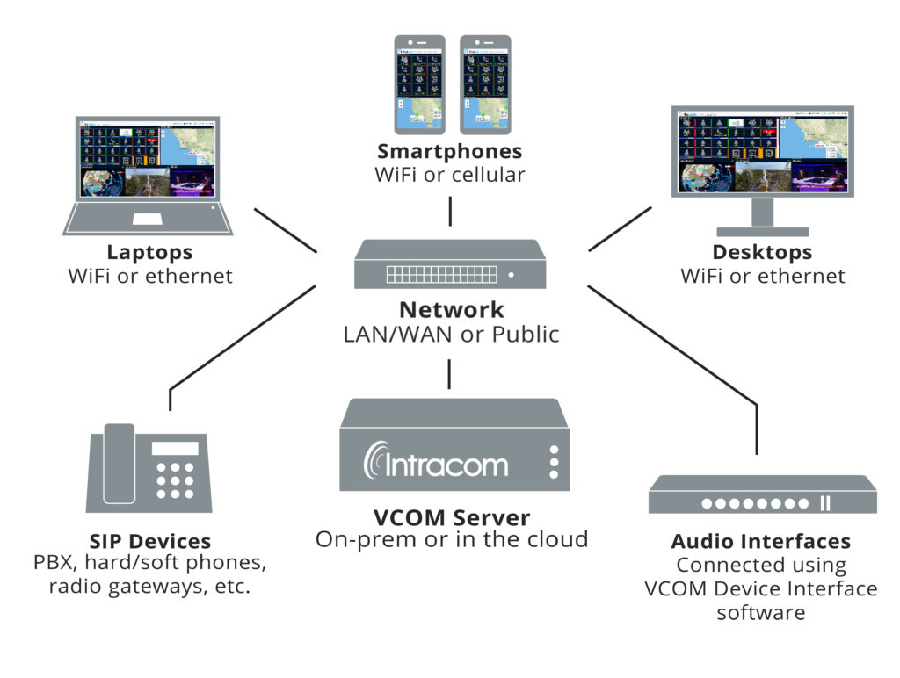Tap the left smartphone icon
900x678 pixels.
[419, 84]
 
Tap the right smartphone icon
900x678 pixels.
[485, 84]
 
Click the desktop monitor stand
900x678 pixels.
[762, 216]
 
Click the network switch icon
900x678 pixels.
[450, 264]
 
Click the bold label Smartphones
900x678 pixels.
[450, 151]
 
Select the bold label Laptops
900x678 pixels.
[149, 253]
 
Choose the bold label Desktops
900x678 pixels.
[762, 253]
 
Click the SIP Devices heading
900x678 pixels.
[149, 541]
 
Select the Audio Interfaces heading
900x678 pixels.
[760, 541]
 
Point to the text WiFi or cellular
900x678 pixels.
[450, 175]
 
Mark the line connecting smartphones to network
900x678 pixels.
[450, 211]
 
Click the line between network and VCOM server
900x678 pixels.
[450, 373]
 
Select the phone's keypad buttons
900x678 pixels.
[175, 480]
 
